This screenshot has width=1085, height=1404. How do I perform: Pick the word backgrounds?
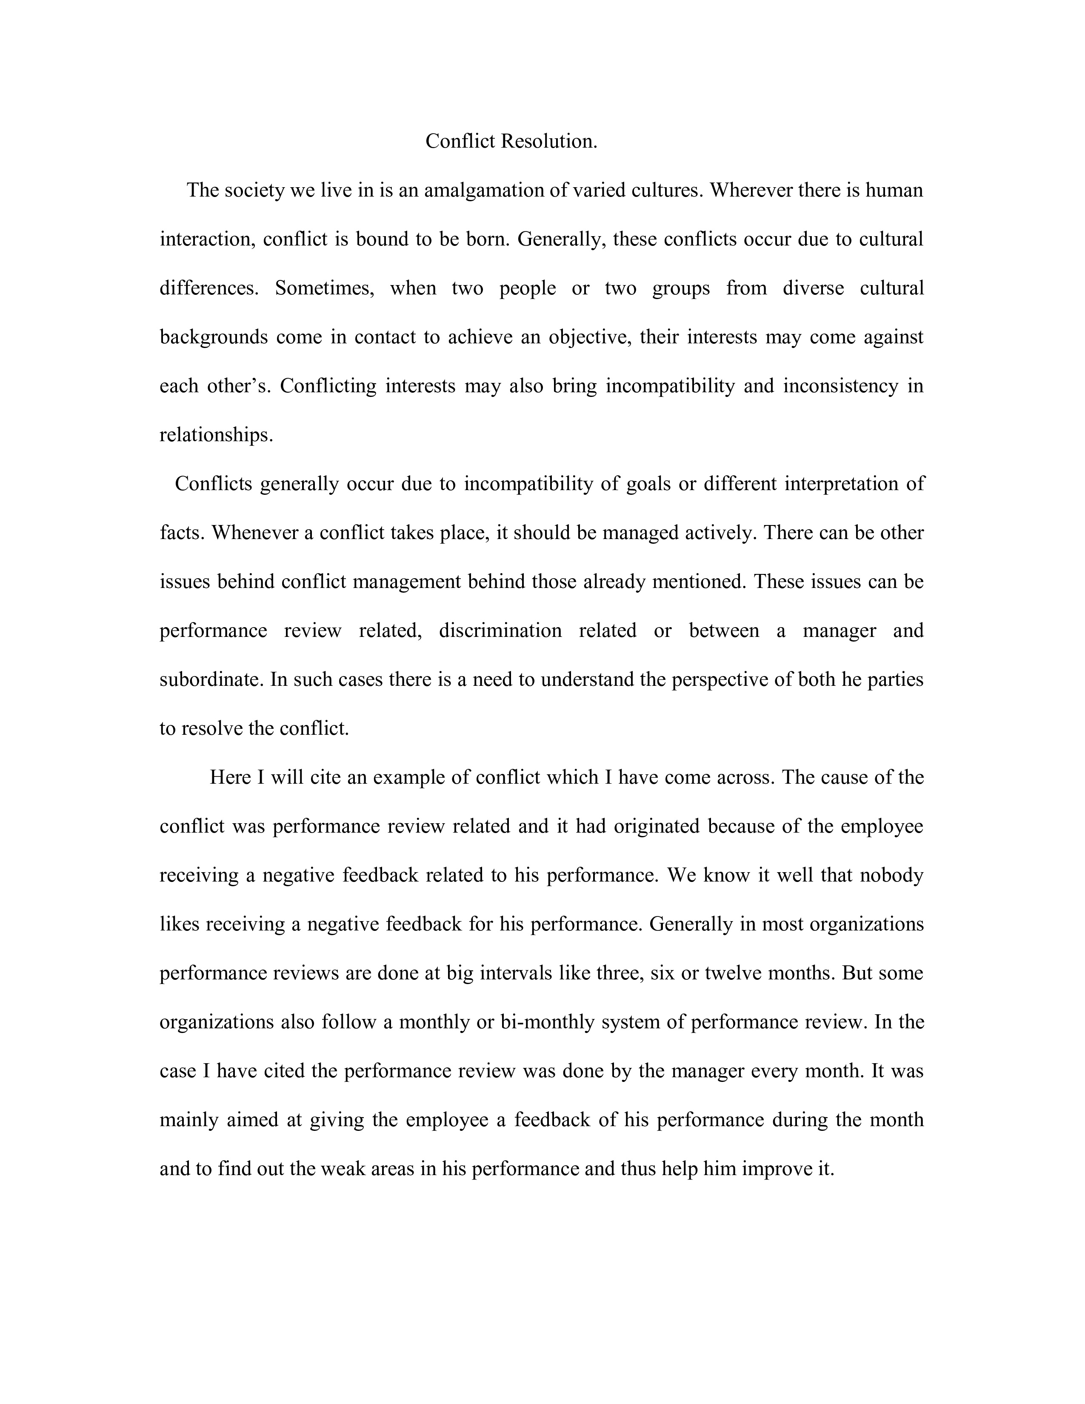214,337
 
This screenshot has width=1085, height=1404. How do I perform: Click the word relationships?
216,435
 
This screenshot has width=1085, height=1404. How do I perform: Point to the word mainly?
189,1120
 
